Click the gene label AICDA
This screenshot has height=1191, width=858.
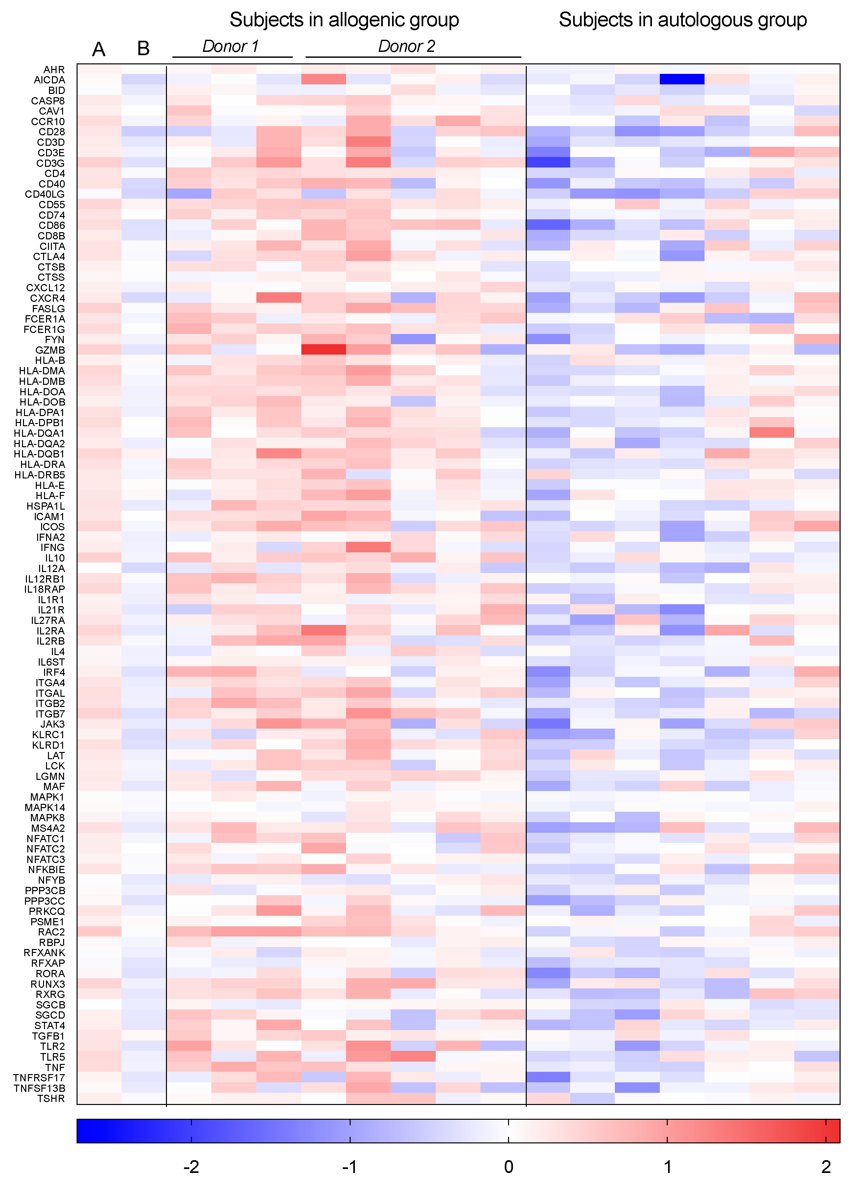click(49, 80)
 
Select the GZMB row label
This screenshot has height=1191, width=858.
click(50, 350)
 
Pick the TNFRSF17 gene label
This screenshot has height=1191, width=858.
click(39, 1078)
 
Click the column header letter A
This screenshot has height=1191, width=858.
click(99, 49)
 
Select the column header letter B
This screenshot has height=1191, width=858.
click(143, 49)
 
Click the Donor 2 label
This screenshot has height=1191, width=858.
click(407, 46)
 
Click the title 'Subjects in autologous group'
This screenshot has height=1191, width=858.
click(683, 20)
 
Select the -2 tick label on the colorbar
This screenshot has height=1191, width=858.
click(191, 1167)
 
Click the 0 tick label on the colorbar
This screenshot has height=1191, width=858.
click(509, 1167)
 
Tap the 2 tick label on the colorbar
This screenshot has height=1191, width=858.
click(826, 1167)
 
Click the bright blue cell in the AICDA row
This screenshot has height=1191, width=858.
click(682, 79)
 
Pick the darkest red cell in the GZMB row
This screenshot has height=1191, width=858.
click(324, 350)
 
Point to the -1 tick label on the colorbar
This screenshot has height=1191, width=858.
click(350, 1167)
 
